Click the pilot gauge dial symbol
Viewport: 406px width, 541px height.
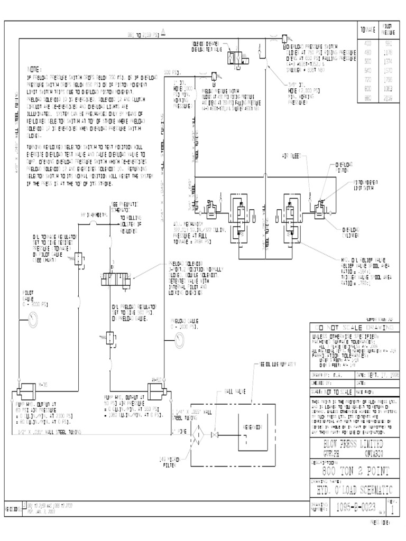coord(33,319)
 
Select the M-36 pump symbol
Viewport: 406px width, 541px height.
coord(24,394)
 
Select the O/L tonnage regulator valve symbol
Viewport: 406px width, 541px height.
coord(78,258)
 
